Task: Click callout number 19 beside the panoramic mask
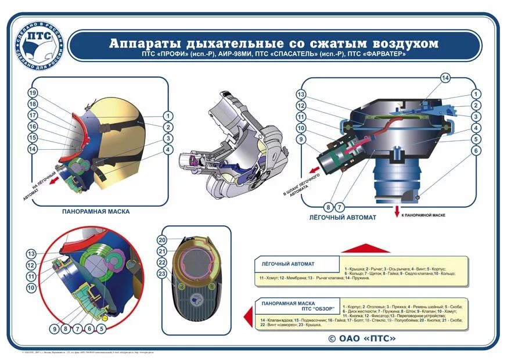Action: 33,93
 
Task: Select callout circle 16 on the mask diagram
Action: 33,127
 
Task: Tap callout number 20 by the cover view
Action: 163,240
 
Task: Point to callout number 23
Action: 163,273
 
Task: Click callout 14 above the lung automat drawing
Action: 445,78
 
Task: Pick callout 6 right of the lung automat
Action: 476,150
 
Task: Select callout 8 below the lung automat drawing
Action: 328,207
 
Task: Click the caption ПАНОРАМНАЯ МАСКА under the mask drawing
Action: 96,211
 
